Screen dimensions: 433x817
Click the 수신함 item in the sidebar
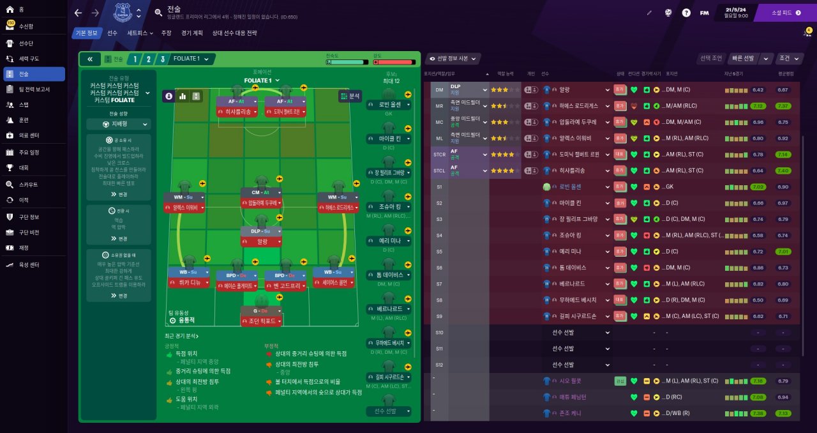coord(26,26)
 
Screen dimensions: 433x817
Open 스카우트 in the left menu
coord(28,184)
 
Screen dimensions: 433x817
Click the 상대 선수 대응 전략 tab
coord(234,33)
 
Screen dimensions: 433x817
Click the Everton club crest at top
coord(121,12)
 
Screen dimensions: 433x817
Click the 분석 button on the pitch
coord(350,96)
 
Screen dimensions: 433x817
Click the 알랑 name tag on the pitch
coord(262,241)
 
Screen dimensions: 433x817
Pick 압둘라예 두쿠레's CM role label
coord(262,192)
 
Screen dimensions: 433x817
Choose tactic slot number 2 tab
coord(149,59)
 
